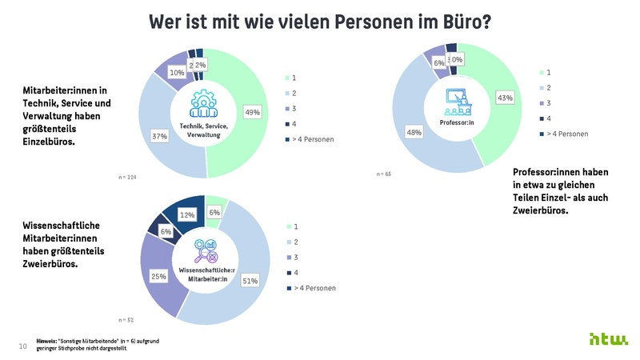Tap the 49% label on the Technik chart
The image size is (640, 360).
[x=253, y=113]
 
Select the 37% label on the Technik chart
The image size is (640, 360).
[x=159, y=137]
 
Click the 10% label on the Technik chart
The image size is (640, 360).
[x=177, y=73]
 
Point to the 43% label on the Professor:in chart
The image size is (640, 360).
[x=505, y=98]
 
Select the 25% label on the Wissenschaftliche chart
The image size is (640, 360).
[x=158, y=276]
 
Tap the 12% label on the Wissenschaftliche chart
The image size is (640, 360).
[x=186, y=214]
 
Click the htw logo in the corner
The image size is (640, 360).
[x=609, y=339]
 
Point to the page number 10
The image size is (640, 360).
[x=22, y=346]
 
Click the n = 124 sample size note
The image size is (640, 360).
[x=127, y=177]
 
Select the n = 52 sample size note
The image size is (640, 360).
[x=126, y=319]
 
